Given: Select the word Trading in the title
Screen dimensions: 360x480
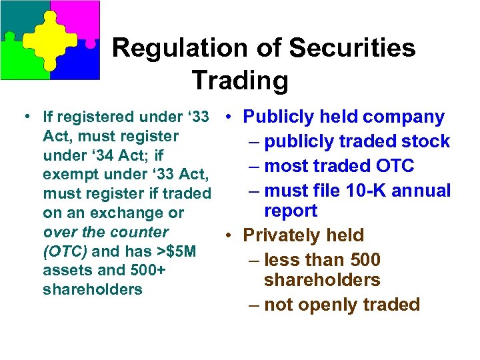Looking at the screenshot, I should click(x=240, y=81).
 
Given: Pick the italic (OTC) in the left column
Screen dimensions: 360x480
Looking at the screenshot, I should click(x=65, y=251).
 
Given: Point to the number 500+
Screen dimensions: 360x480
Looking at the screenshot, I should click(x=147, y=270).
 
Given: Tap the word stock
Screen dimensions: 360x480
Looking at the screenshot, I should click(x=428, y=141).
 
